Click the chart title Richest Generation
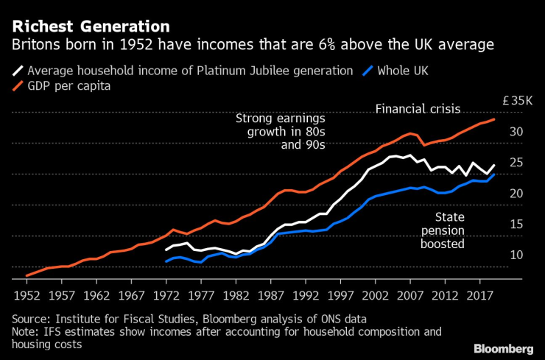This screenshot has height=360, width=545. pyautogui.click(x=90, y=26)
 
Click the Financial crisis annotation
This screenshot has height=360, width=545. pyautogui.click(x=418, y=109)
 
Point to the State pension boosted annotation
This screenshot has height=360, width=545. pyautogui.click(x=449, y=230)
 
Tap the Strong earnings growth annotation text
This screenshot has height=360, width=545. pyautogui.click(x=281, y=132)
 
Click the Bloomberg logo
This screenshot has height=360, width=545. pyautogui.click(x=503, y=347)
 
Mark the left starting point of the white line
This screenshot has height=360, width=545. pyautogui.click(x=166, y=250)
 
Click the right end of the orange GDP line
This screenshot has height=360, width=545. pyautogui.click(x=493, y=119)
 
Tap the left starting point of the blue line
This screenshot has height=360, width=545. pyautogui.click(x=166, y=261)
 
